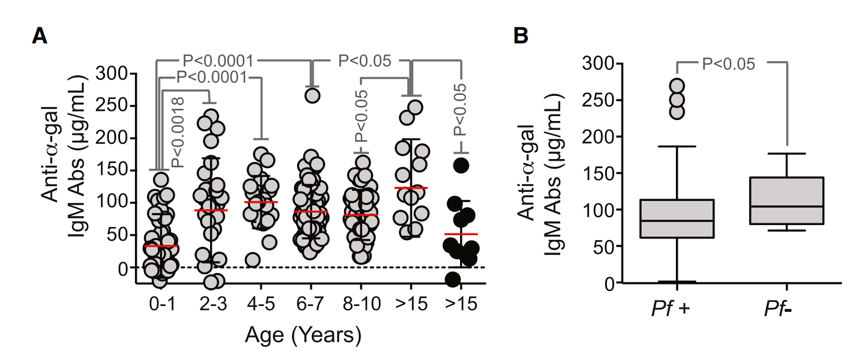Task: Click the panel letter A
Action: point(40,36)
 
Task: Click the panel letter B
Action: point(521,36)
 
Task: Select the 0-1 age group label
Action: point(162,304)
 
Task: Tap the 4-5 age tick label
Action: point(261,304)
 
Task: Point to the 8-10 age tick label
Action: point(362,304)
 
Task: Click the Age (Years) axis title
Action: point(303,335)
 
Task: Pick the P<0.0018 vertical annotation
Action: point(178,132)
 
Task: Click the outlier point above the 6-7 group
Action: point(312,95)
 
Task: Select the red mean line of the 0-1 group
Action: point(161,246)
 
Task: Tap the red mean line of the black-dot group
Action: point(461,234)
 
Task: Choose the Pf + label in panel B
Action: point(671,309)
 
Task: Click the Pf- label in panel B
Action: point(778,309)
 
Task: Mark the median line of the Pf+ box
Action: point(677,220)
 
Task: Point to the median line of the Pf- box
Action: point(787,206)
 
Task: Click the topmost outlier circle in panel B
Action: point(678,86)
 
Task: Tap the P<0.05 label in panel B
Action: point(728,64)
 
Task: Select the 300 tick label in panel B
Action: point(598,63)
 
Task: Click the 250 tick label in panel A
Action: point(111,106)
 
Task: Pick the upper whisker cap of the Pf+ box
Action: point(677,146)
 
